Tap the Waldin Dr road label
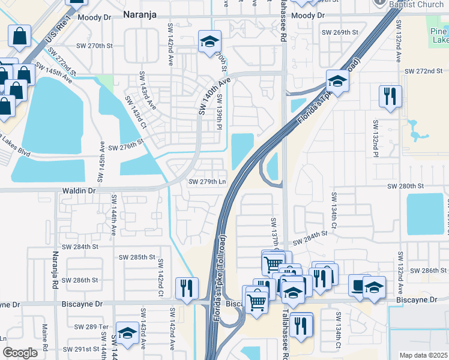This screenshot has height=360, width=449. pyautogui.click(x=79, y=190)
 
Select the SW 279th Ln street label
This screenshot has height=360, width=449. pyautogui.click(x=207, y=182)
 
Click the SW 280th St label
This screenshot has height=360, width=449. pyautogui.click(x=405, y=186)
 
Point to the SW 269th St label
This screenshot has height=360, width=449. pyautogui.click(x=339, y=32)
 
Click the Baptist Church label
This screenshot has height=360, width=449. pyautogui.click(x=414, y=5)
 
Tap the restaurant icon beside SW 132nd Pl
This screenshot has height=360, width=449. pyautogui.click(x=390, y=96)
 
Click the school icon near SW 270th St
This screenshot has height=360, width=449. pyautogui.click(x=209, y=41)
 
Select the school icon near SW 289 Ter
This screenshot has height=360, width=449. pyautogui.click(x=127, y=332)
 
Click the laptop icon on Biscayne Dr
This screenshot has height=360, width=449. pyautogui.click(x=360, y=286)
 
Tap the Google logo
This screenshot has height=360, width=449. pyautogui.click(x=20, y=353)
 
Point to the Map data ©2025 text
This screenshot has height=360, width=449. pyautogui.click(x=423, y=355)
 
